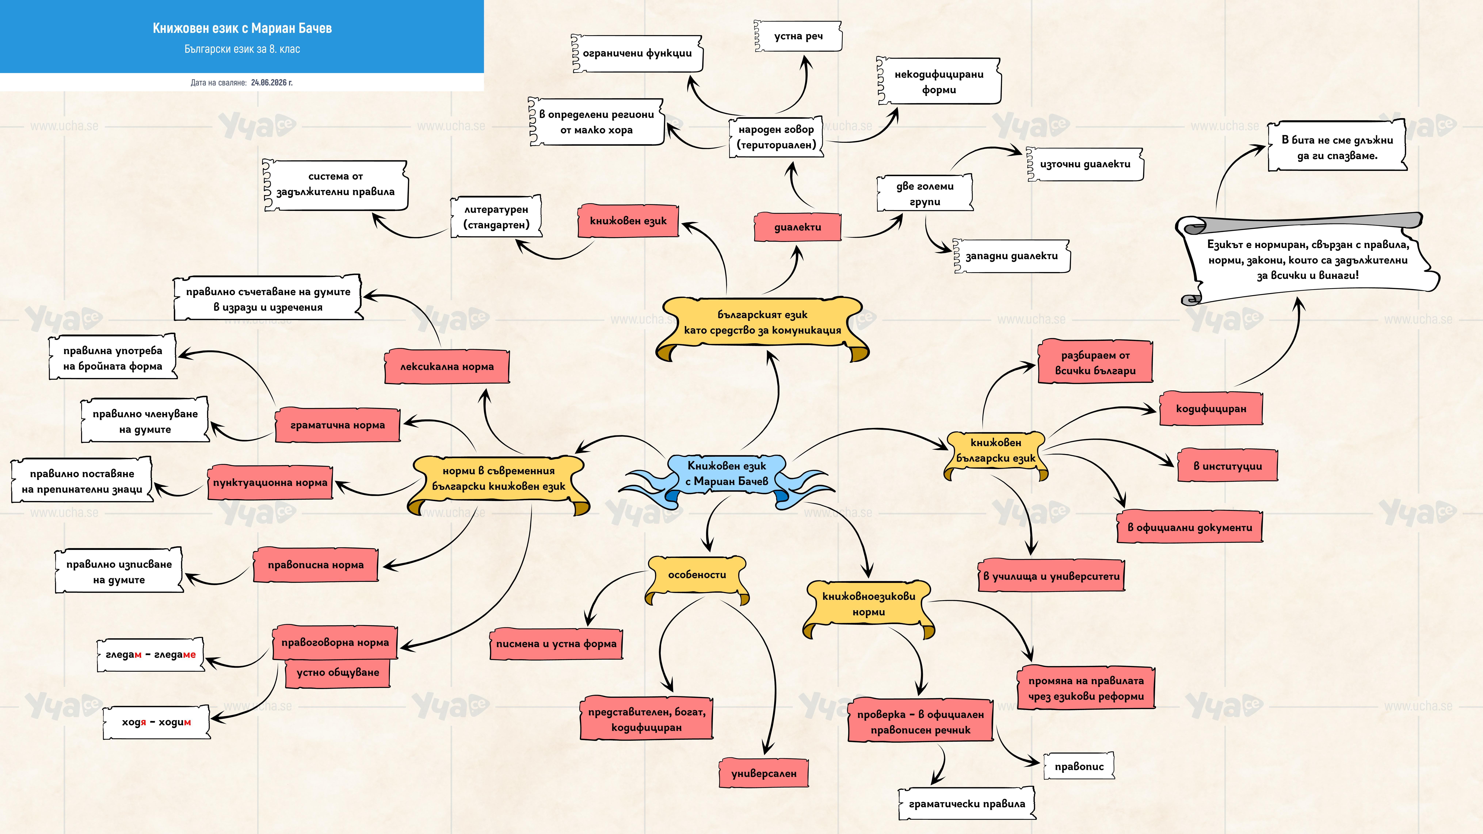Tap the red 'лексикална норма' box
point(447,366)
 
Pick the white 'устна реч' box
point(798,36)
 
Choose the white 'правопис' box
point(1079,766)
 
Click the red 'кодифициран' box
point(1211,409)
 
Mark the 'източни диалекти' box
point(1085,164)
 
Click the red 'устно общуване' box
point(338,672)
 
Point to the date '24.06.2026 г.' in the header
point(272,82)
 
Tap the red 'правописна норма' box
point(315,565)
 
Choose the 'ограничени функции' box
point(637,53)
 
